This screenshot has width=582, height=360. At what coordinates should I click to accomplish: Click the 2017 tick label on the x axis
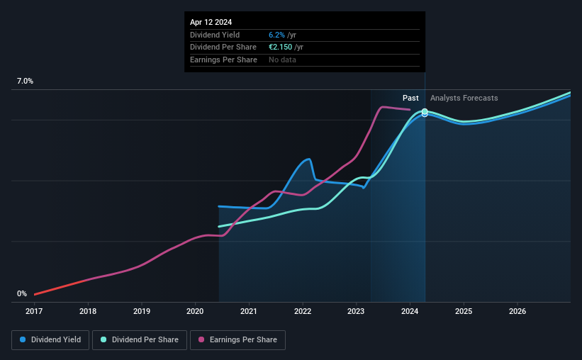(34, 311)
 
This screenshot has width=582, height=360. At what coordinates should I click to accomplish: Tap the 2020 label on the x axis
(196, 311)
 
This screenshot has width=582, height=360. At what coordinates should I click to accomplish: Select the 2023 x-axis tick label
(356, 311)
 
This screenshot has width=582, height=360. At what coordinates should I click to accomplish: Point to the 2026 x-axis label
(517, 311)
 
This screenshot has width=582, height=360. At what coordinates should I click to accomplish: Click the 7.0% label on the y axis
(25, 81)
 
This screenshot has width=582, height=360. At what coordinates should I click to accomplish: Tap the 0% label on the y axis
(22, 293)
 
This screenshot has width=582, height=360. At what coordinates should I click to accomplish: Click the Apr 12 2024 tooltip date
(211, 22)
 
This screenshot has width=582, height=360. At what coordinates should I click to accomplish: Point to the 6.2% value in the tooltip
(276, 35)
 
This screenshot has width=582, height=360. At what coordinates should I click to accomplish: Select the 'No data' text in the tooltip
(282, 60)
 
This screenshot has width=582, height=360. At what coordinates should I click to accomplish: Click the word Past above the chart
(410, 98)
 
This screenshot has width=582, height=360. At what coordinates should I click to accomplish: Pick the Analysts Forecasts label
(464, 98)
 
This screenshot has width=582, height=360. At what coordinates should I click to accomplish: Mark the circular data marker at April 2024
(425, 113)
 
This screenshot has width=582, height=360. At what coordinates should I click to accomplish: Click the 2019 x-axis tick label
(142, 311)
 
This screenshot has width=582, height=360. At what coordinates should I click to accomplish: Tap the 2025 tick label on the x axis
(464, 311)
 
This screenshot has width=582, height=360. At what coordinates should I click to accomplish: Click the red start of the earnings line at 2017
(35, 294)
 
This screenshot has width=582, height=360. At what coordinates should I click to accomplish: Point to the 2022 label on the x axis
(303, 311)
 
